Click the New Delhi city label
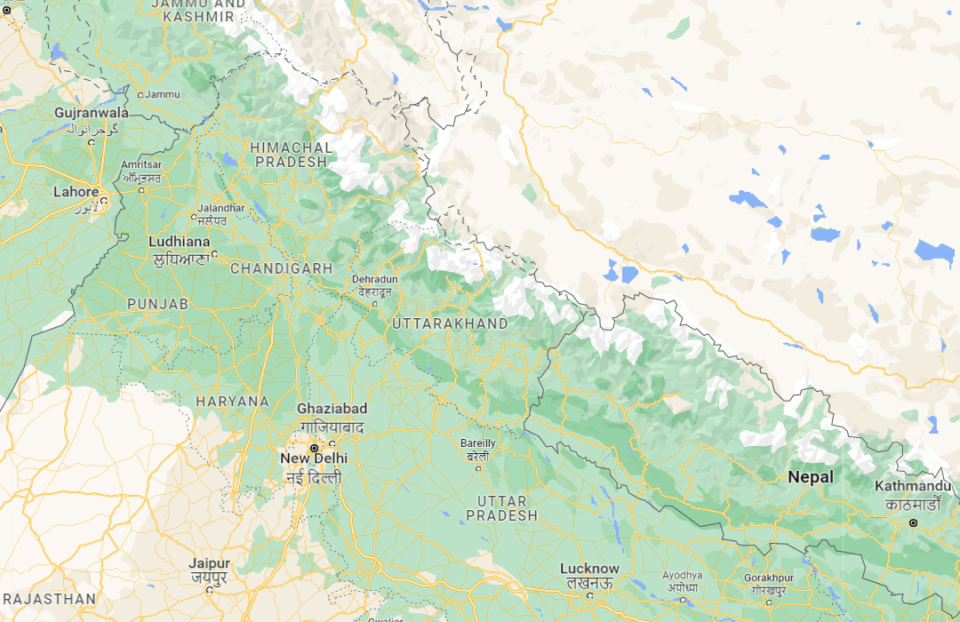pyautogui.click(x=314, y=459)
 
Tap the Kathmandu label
pyautogui.click(x=913, y=487)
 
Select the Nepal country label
pyautogui.click(x=811, y=477)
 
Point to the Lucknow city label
pyautogui.click(x=589, y=569)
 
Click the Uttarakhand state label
pyautogui.click(x=450, y=323)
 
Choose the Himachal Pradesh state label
pyautogui.click(x=292, y=155)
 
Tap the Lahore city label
pyautogui.click(x=76, y=192)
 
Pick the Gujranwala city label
pyautogui.click(x=92, y=114)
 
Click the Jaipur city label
pyautogui.click(x=209, y=564)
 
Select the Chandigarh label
pyautogui.click(x=282, y=268)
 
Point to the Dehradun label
pyautogui.click(x=374, y=279)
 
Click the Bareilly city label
pyautogui.click(x=478, y=443)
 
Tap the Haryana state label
pyautogui.click(x=232, y=402)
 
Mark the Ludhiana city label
pyautogui.click(x=180, y=242)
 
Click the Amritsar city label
pyautogui.click(x=141, y=165)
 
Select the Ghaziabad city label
pyautogui.click(x=332, y=409)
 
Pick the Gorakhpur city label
pyautogui.click(x=770, y=577)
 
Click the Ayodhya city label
pyautogui.click(x=683, y=575)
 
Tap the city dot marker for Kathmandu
pyautogui.click(x=913, y=523)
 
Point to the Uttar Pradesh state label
pyautogui.click(x=501, y=508)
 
